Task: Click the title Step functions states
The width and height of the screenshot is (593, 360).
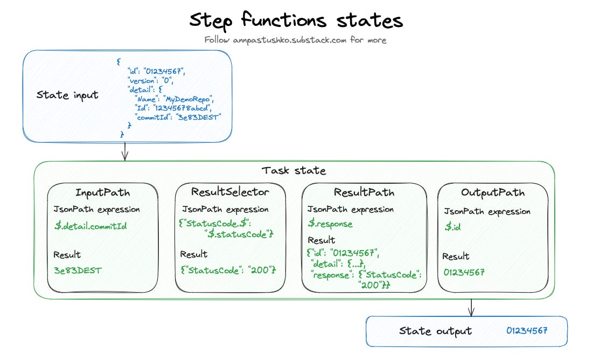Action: tap(296, 20)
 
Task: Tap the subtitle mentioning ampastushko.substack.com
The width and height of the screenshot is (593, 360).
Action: tap(295, 40)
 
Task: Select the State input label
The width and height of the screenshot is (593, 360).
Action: tap(67, 95)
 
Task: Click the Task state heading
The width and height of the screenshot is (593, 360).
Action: tap(294, 171)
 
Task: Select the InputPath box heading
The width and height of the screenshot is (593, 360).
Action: tap(102, 193)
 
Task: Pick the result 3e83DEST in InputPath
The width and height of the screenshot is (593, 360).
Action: tap(78, 271)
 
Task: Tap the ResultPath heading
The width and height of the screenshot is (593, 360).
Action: tap(364, 192)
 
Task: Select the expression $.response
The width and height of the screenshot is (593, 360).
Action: tap(330, 224)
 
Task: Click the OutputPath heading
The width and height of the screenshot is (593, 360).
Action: tap(492, 193)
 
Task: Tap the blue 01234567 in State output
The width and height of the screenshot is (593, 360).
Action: tap(526, 330)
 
